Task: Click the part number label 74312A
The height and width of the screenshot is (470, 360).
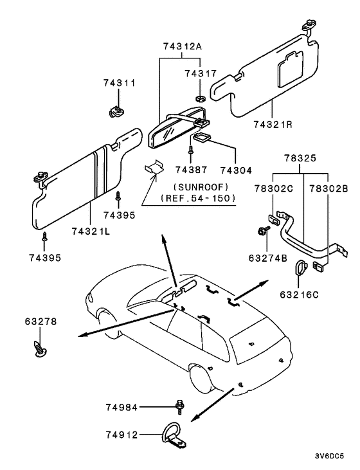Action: coord(182,46)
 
